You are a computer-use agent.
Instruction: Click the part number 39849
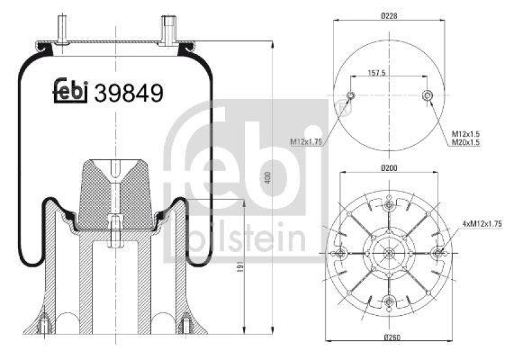(x=128, y=94)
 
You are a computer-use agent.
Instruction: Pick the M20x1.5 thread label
(x=466, y=141)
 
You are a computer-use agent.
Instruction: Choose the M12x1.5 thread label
(x=466, y=133)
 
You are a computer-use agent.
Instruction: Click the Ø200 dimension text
(x=388, y=168)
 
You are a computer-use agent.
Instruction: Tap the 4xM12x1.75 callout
(x=481, y=223)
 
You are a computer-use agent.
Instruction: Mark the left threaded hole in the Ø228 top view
(x=350, y=96)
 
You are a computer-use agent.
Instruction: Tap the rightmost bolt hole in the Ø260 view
(x=440, y=252)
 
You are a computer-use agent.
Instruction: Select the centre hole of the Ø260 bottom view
(x=389, y=252)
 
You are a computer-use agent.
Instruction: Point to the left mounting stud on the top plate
(x=62, y=32)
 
